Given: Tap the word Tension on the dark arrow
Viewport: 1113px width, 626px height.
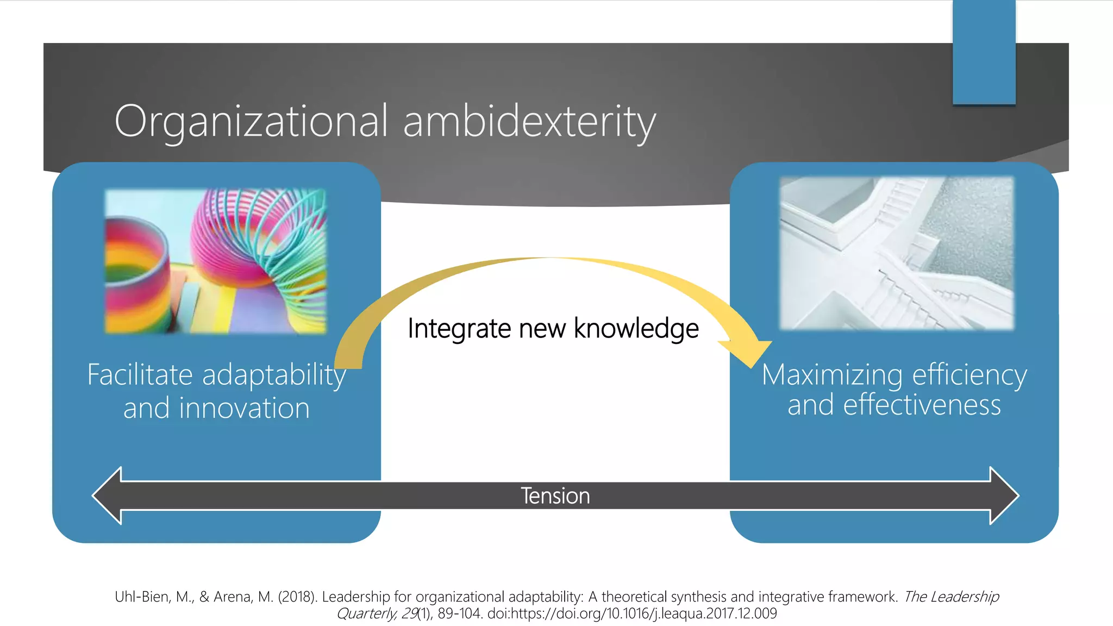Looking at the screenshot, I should (x=555, y=496).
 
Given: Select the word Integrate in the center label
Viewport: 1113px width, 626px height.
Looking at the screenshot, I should (x=459, y=329).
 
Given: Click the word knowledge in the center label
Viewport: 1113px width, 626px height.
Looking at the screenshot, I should (x=636, y=329).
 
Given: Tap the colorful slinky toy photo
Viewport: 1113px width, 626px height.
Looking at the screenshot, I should (x=216, y=261).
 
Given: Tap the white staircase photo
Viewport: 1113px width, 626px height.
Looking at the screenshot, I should (x=897, y=253).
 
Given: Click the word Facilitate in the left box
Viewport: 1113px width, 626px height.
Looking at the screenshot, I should (x=140, y=375).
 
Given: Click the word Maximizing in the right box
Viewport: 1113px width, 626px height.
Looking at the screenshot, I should (x=832, y=375).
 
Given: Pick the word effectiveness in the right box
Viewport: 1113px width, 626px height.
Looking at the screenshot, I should (x=922, y=405).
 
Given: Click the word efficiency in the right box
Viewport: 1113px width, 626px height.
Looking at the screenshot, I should (x=970, y=375).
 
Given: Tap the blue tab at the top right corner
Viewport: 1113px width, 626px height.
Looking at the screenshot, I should (x=984, y=52).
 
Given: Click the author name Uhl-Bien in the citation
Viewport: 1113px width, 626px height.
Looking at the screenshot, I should (x=141, y=597).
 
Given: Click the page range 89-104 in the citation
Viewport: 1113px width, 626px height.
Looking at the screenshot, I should (x=459, y=614).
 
